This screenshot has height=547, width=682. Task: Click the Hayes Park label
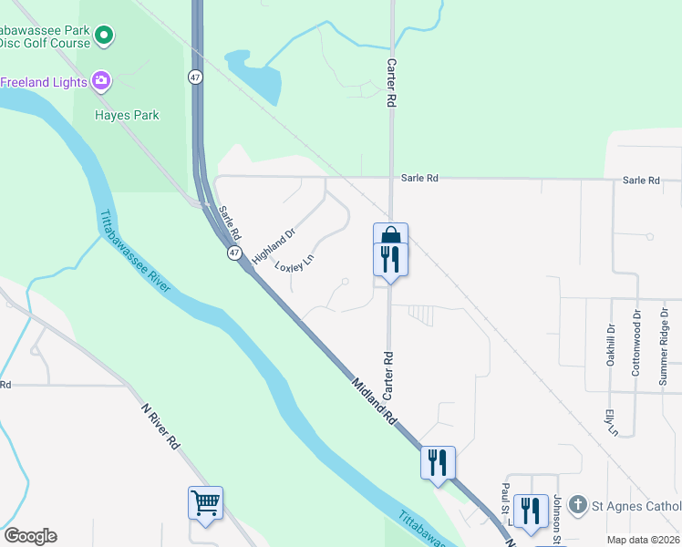coord(128,116)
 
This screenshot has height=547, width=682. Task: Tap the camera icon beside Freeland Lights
coord(101,81)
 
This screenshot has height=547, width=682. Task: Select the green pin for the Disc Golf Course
coord(104,36)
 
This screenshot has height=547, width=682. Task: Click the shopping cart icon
coord(205,502)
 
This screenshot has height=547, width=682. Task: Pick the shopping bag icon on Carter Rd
coord(390,235)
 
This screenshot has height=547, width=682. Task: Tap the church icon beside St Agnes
coord(576,504)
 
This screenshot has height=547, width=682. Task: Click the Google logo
coord(30,536)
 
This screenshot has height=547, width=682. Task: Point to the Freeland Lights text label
coord(43,81)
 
